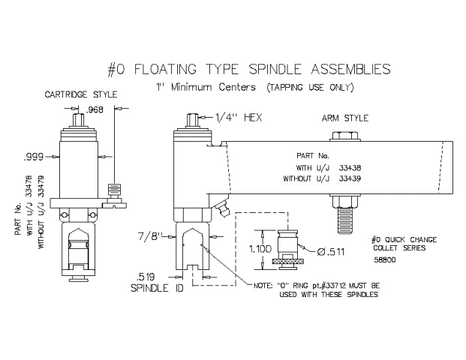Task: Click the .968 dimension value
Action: pos(95,109)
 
